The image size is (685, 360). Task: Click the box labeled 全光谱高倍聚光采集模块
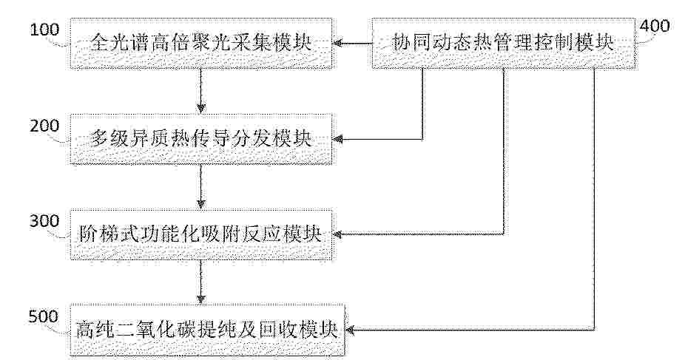(201, 43)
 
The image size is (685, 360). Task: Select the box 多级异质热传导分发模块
(201, 139)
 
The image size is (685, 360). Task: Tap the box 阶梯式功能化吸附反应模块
(201, 234)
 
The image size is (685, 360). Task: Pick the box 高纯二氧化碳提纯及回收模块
(208, 330)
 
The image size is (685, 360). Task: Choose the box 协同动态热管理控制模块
(503, 43)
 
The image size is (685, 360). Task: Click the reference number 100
(44, 30)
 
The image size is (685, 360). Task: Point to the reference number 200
(44, 126)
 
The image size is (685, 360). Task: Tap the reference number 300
(44, 221)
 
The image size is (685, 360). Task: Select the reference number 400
(655, 26)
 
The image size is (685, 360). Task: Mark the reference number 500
(43, 316)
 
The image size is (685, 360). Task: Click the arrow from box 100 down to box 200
(200, 91)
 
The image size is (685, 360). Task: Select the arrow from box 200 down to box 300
(200, 187)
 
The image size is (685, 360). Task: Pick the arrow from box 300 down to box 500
(200, 282)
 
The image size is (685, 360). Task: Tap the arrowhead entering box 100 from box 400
(337, 43)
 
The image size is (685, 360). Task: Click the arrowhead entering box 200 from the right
(337, 139)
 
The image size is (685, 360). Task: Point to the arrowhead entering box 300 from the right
(337, 235)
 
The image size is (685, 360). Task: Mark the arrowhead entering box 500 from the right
(351, 330)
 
